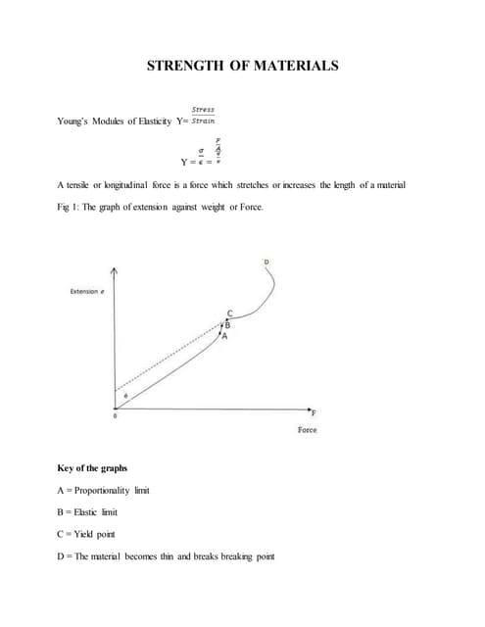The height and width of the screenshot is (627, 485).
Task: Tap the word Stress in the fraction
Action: (203, 110)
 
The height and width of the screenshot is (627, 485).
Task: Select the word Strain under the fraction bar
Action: (204, 121)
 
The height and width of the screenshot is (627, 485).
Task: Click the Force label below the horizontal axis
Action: (307, 430)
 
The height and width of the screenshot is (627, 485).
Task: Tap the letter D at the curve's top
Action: (266, 262)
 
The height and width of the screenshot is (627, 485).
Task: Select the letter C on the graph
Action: (230, 313)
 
